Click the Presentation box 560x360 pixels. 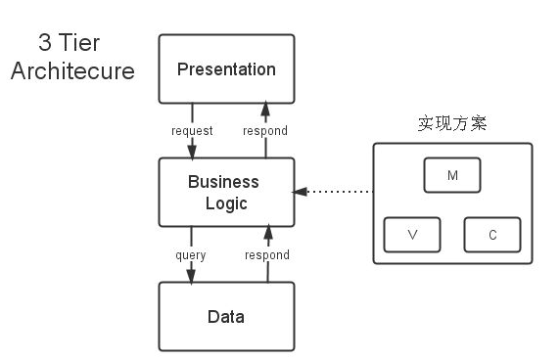(226, 68)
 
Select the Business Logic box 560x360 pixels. (226, 193)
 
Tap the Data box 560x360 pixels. (226, 316)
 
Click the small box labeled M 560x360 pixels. (452, 175)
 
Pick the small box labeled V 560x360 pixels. (412, 235)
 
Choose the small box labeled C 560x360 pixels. (492, 235)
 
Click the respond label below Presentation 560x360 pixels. (266, 130)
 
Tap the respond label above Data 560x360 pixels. (267, 255)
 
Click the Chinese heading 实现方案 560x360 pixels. (452, 124)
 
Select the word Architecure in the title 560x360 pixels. (72, 72)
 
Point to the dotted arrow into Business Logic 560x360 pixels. (338, 192)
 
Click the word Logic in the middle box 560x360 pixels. (224, 203)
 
